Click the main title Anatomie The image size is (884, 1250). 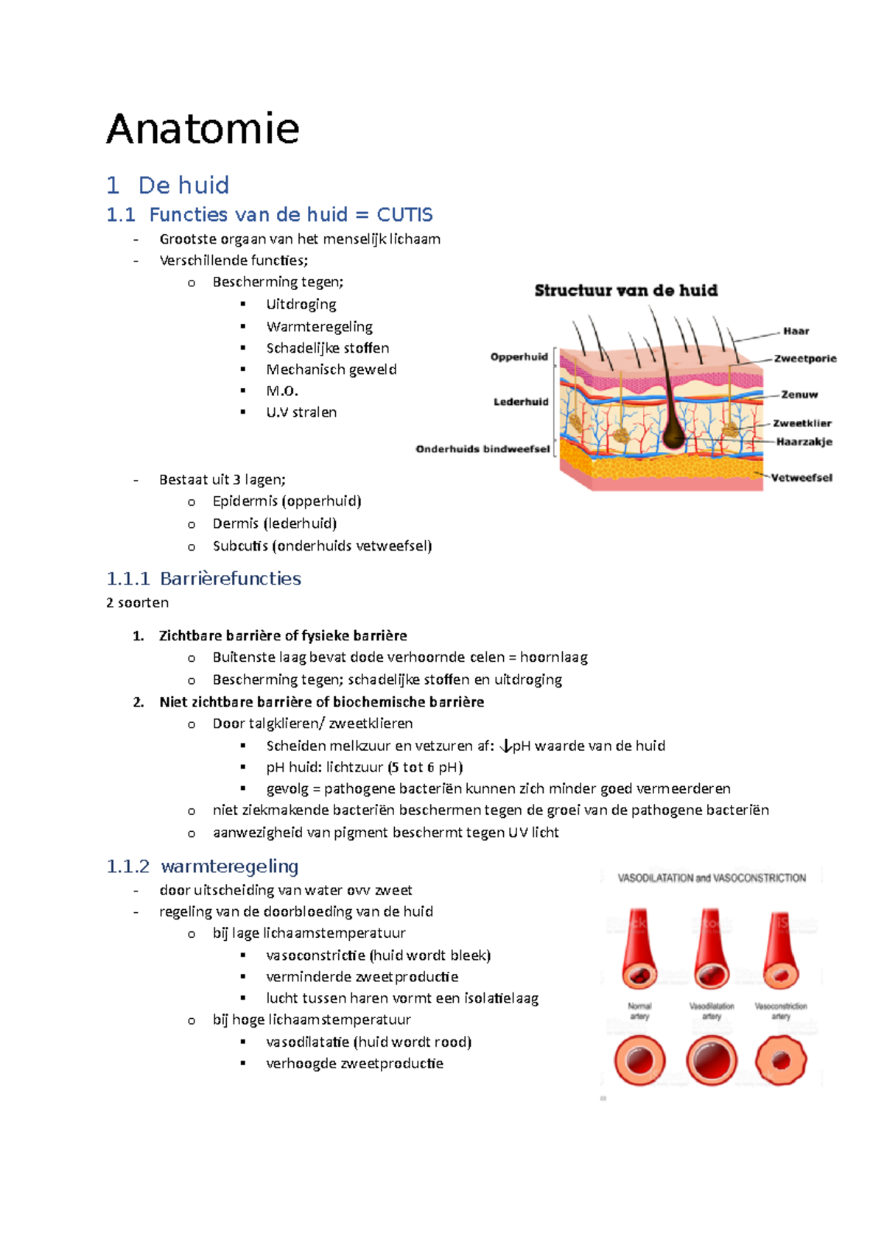(203, 130)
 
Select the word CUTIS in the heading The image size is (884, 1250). (404, 215)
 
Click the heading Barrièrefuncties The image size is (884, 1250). (230, 579)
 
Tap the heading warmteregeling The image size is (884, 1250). (229, 866)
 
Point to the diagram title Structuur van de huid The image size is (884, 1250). (626, 291)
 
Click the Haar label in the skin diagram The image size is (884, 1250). (796, 331)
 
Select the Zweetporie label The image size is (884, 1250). (804, 359)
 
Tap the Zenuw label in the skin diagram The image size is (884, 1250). (799, 395)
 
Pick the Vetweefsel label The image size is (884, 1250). (801, 478)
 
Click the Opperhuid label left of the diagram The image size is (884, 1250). (519, 357)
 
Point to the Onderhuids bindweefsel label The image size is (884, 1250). (483, 449)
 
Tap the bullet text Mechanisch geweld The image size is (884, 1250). (331, 370)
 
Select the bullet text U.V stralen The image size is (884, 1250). (301, 412)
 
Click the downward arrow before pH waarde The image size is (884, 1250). (505, 746)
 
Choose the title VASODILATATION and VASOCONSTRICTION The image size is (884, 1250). (712, 878)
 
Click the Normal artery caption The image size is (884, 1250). (639, 1011)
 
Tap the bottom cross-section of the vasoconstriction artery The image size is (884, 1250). (781, 1061)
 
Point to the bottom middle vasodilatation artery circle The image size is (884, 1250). (712, 1061)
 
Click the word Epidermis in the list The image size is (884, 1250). (245, 501)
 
